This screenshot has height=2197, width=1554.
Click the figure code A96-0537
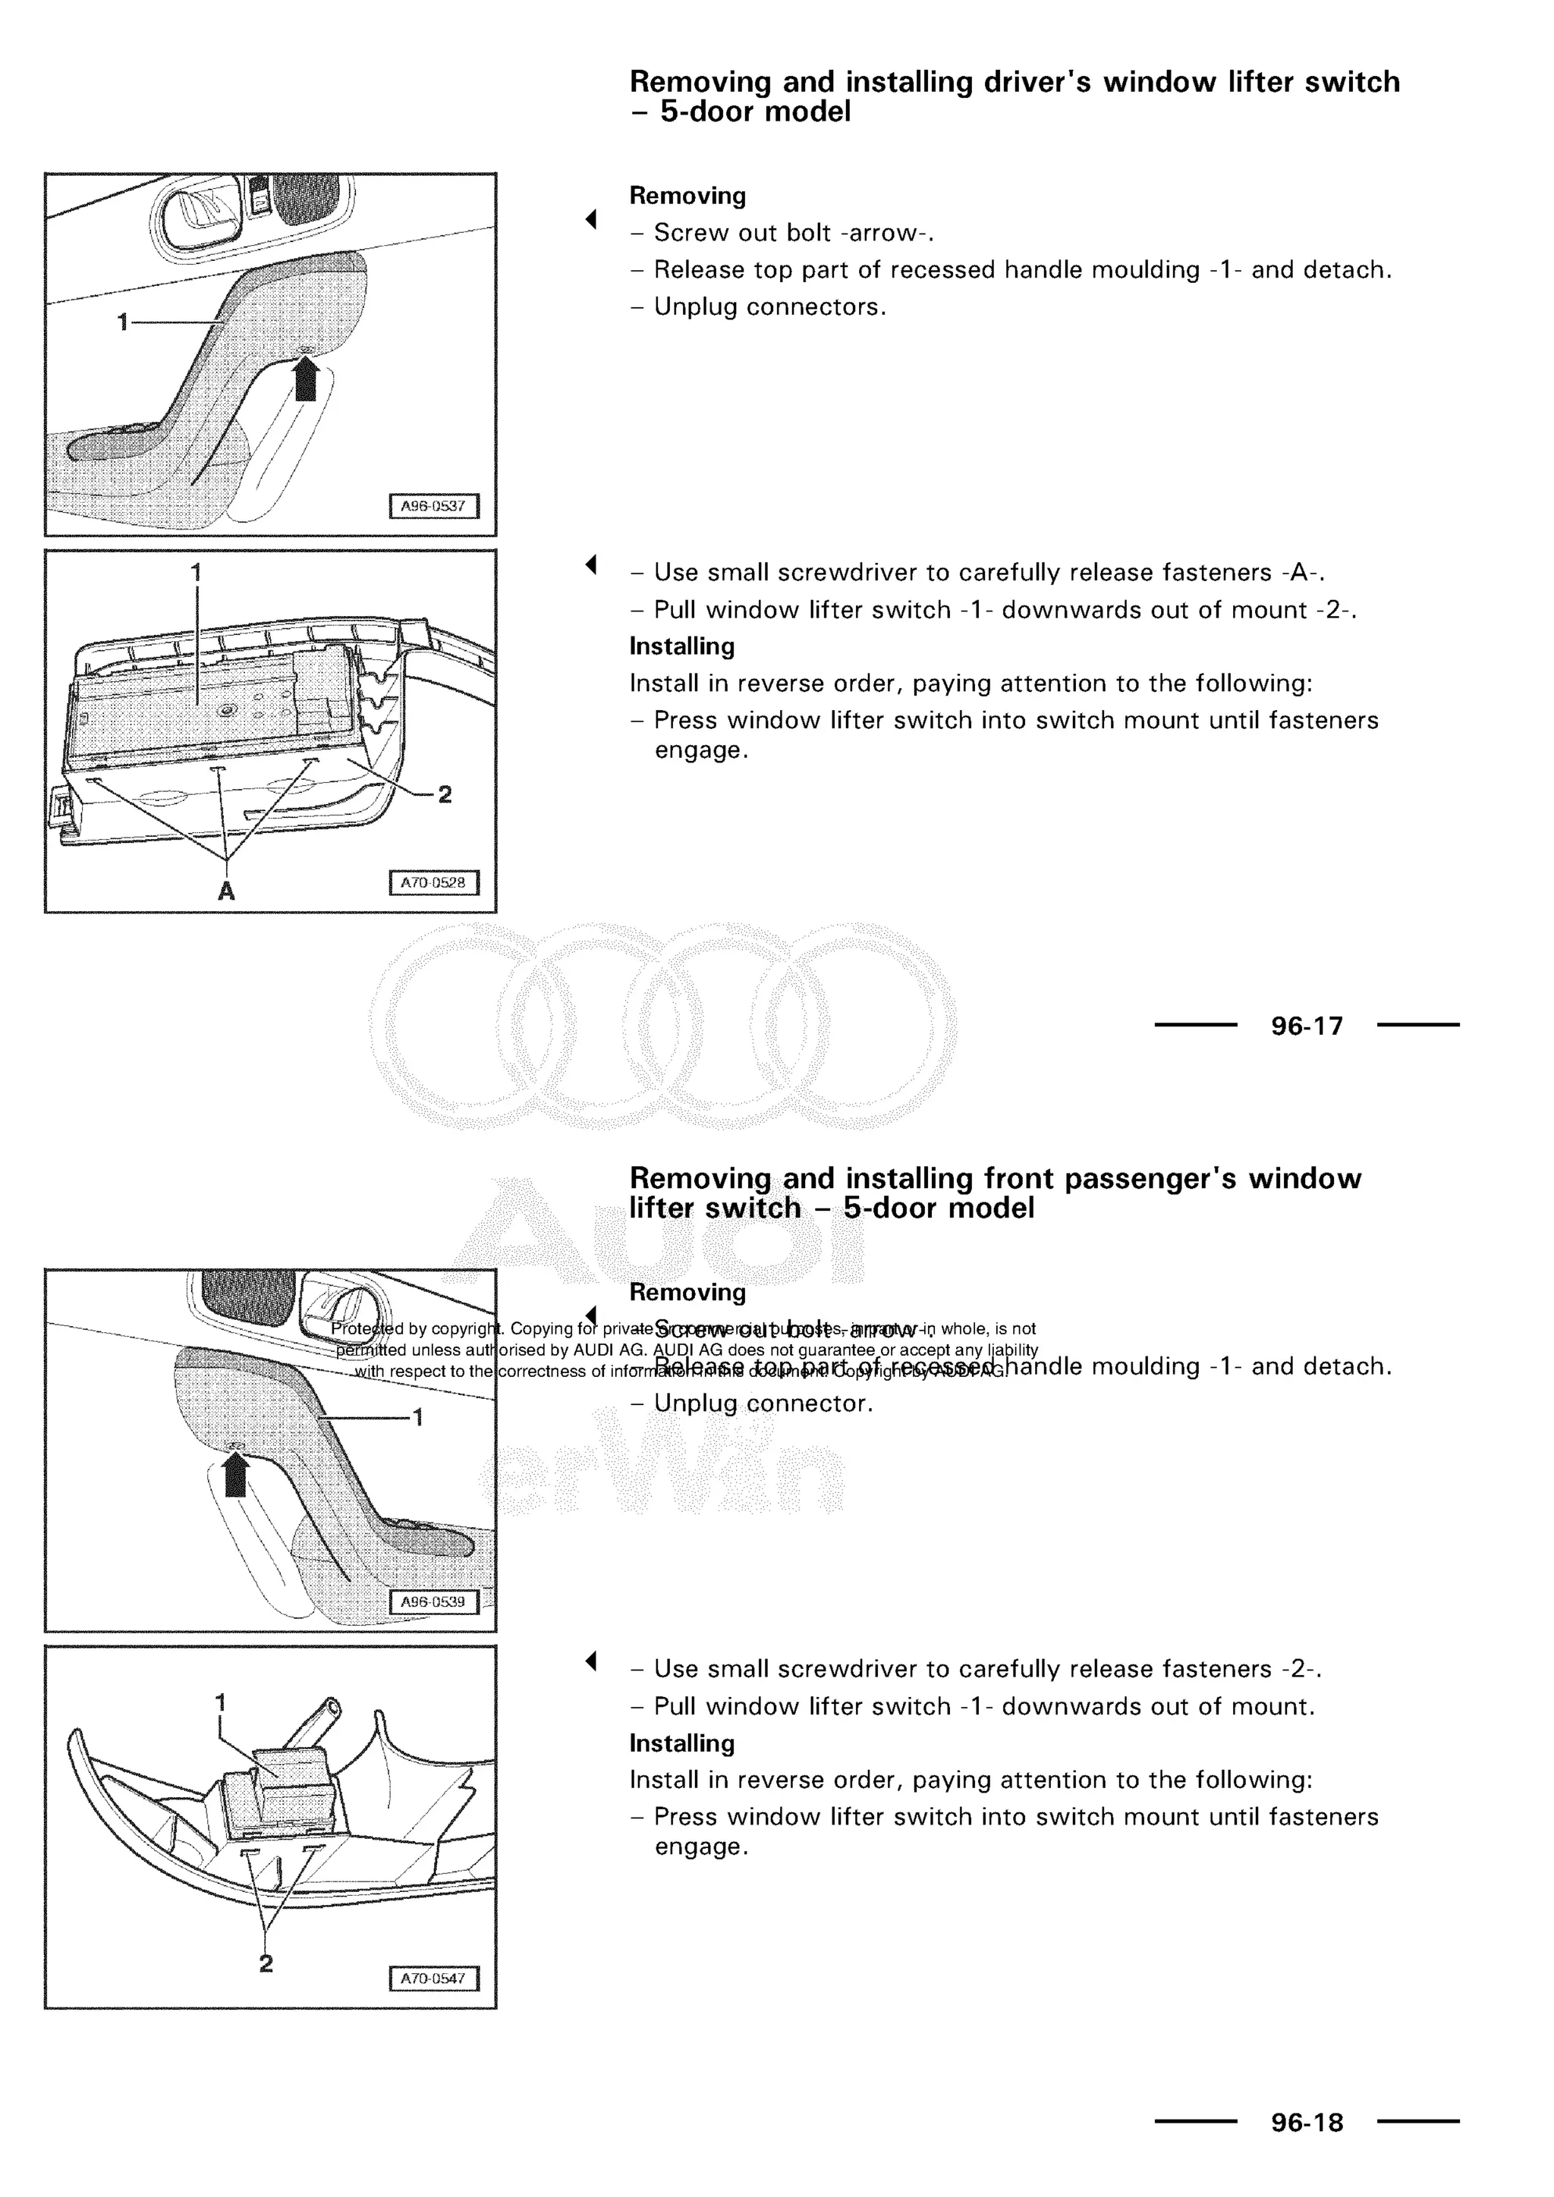tap(433, 506)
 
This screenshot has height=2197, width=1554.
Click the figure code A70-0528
tap(433, 882)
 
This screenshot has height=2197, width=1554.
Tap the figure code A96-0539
tap(433, 1601)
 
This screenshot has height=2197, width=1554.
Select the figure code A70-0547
tap(433, 1978)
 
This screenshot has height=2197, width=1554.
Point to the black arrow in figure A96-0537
tap(305, 379)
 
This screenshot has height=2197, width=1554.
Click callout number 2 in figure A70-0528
tap(445, 794)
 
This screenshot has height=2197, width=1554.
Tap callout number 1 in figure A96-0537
tap(122, 322)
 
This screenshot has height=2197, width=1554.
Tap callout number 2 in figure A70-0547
tap(266, 1963)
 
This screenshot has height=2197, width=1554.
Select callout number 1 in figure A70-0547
tap(220, 1703)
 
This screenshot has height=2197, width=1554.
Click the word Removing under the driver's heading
tap(687, 196)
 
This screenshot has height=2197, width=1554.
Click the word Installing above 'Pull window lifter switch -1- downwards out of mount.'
tap(681, 1743)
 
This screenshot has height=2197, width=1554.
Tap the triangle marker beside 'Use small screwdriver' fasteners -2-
tap(591, 1661)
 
